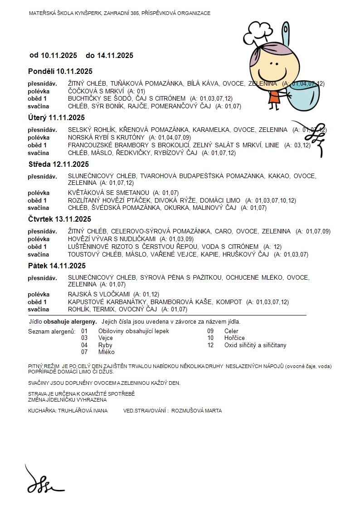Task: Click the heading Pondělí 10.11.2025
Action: [60, 71]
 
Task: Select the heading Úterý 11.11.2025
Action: [56, 117]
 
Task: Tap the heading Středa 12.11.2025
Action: [58, 164]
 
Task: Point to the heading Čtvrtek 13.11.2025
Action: [59, 219]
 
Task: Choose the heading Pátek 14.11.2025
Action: [56, 266]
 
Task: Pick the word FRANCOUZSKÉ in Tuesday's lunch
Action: [89, 145]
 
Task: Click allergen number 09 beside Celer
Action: [210, 331]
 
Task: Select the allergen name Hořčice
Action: [234, 338]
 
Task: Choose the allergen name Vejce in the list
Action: [106, 338]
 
